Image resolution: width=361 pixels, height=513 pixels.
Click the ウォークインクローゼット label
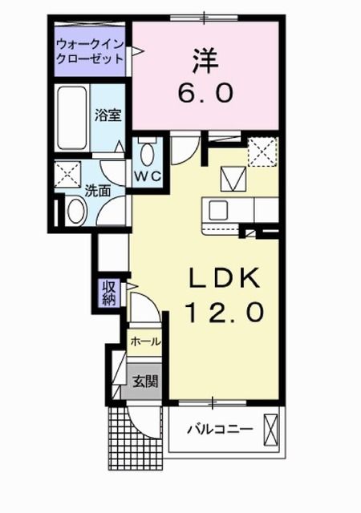pyautogui.click(x=90, y=50)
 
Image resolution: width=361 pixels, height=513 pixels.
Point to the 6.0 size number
pyautogui.click(x=205, y=92)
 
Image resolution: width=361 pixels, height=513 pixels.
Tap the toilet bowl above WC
pyautogui.click(x=148, y=153)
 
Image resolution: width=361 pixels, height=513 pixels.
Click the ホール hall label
pyautogui.click(x=145, y=341)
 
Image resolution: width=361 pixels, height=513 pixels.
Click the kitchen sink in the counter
pyautogui.click(x=219, y=210)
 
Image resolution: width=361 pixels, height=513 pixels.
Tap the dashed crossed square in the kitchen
pyautogui.click(x=262, y=151)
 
